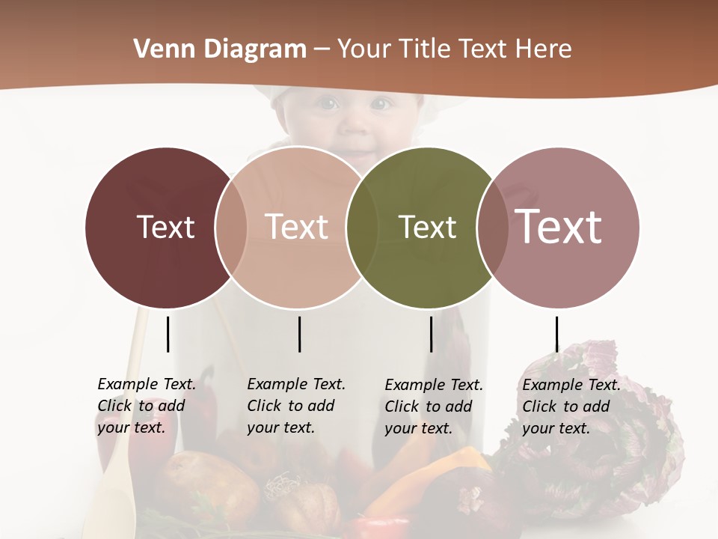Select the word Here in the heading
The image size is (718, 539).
tap(544, 49)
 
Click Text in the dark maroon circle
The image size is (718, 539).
tap(165, 227)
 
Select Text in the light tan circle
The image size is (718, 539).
tap(297, 227)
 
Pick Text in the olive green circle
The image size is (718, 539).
tap(428, 227)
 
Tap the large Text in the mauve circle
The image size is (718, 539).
tap(559, 227)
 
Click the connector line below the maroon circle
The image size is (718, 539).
tap(168, 334)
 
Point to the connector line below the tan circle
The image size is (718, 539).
tap(299, 334)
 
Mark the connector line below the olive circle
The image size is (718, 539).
tap(431, 334)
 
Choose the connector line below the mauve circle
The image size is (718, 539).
tap(556, 334)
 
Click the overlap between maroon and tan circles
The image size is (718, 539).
tap(231, 227)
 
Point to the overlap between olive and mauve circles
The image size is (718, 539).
tap(493, 227)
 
